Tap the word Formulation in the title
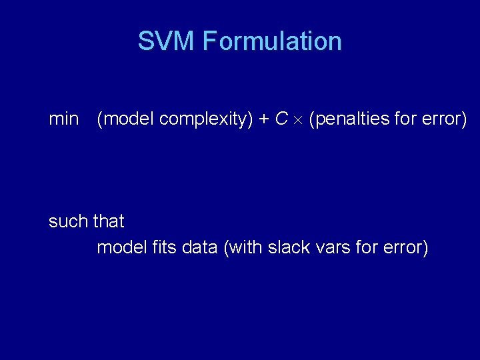coord(272,41)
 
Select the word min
coord(63,119)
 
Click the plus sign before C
coord(264,120)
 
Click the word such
coord(69,221)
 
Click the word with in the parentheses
coord(245,247)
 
